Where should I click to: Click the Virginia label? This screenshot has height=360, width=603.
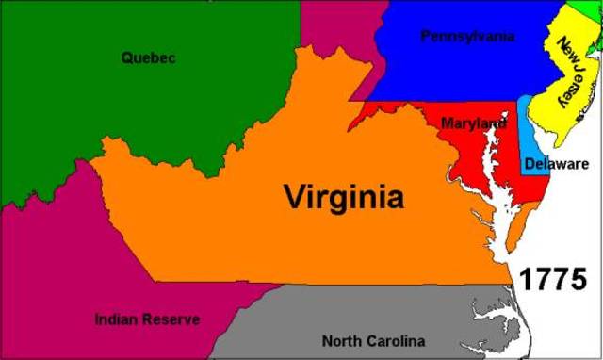click(344, 198)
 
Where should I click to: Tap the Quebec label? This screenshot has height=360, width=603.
click(149, 57)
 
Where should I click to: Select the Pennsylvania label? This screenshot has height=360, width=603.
click(467, 37)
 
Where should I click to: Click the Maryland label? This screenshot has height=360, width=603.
click(473, 123)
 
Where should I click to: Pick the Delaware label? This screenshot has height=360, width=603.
click(557, 164)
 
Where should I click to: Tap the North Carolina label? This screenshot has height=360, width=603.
click(373, 341)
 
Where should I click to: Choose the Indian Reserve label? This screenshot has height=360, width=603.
click(147, 319)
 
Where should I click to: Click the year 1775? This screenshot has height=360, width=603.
click(554, 280)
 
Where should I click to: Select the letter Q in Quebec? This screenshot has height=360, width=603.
click(127, 57)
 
